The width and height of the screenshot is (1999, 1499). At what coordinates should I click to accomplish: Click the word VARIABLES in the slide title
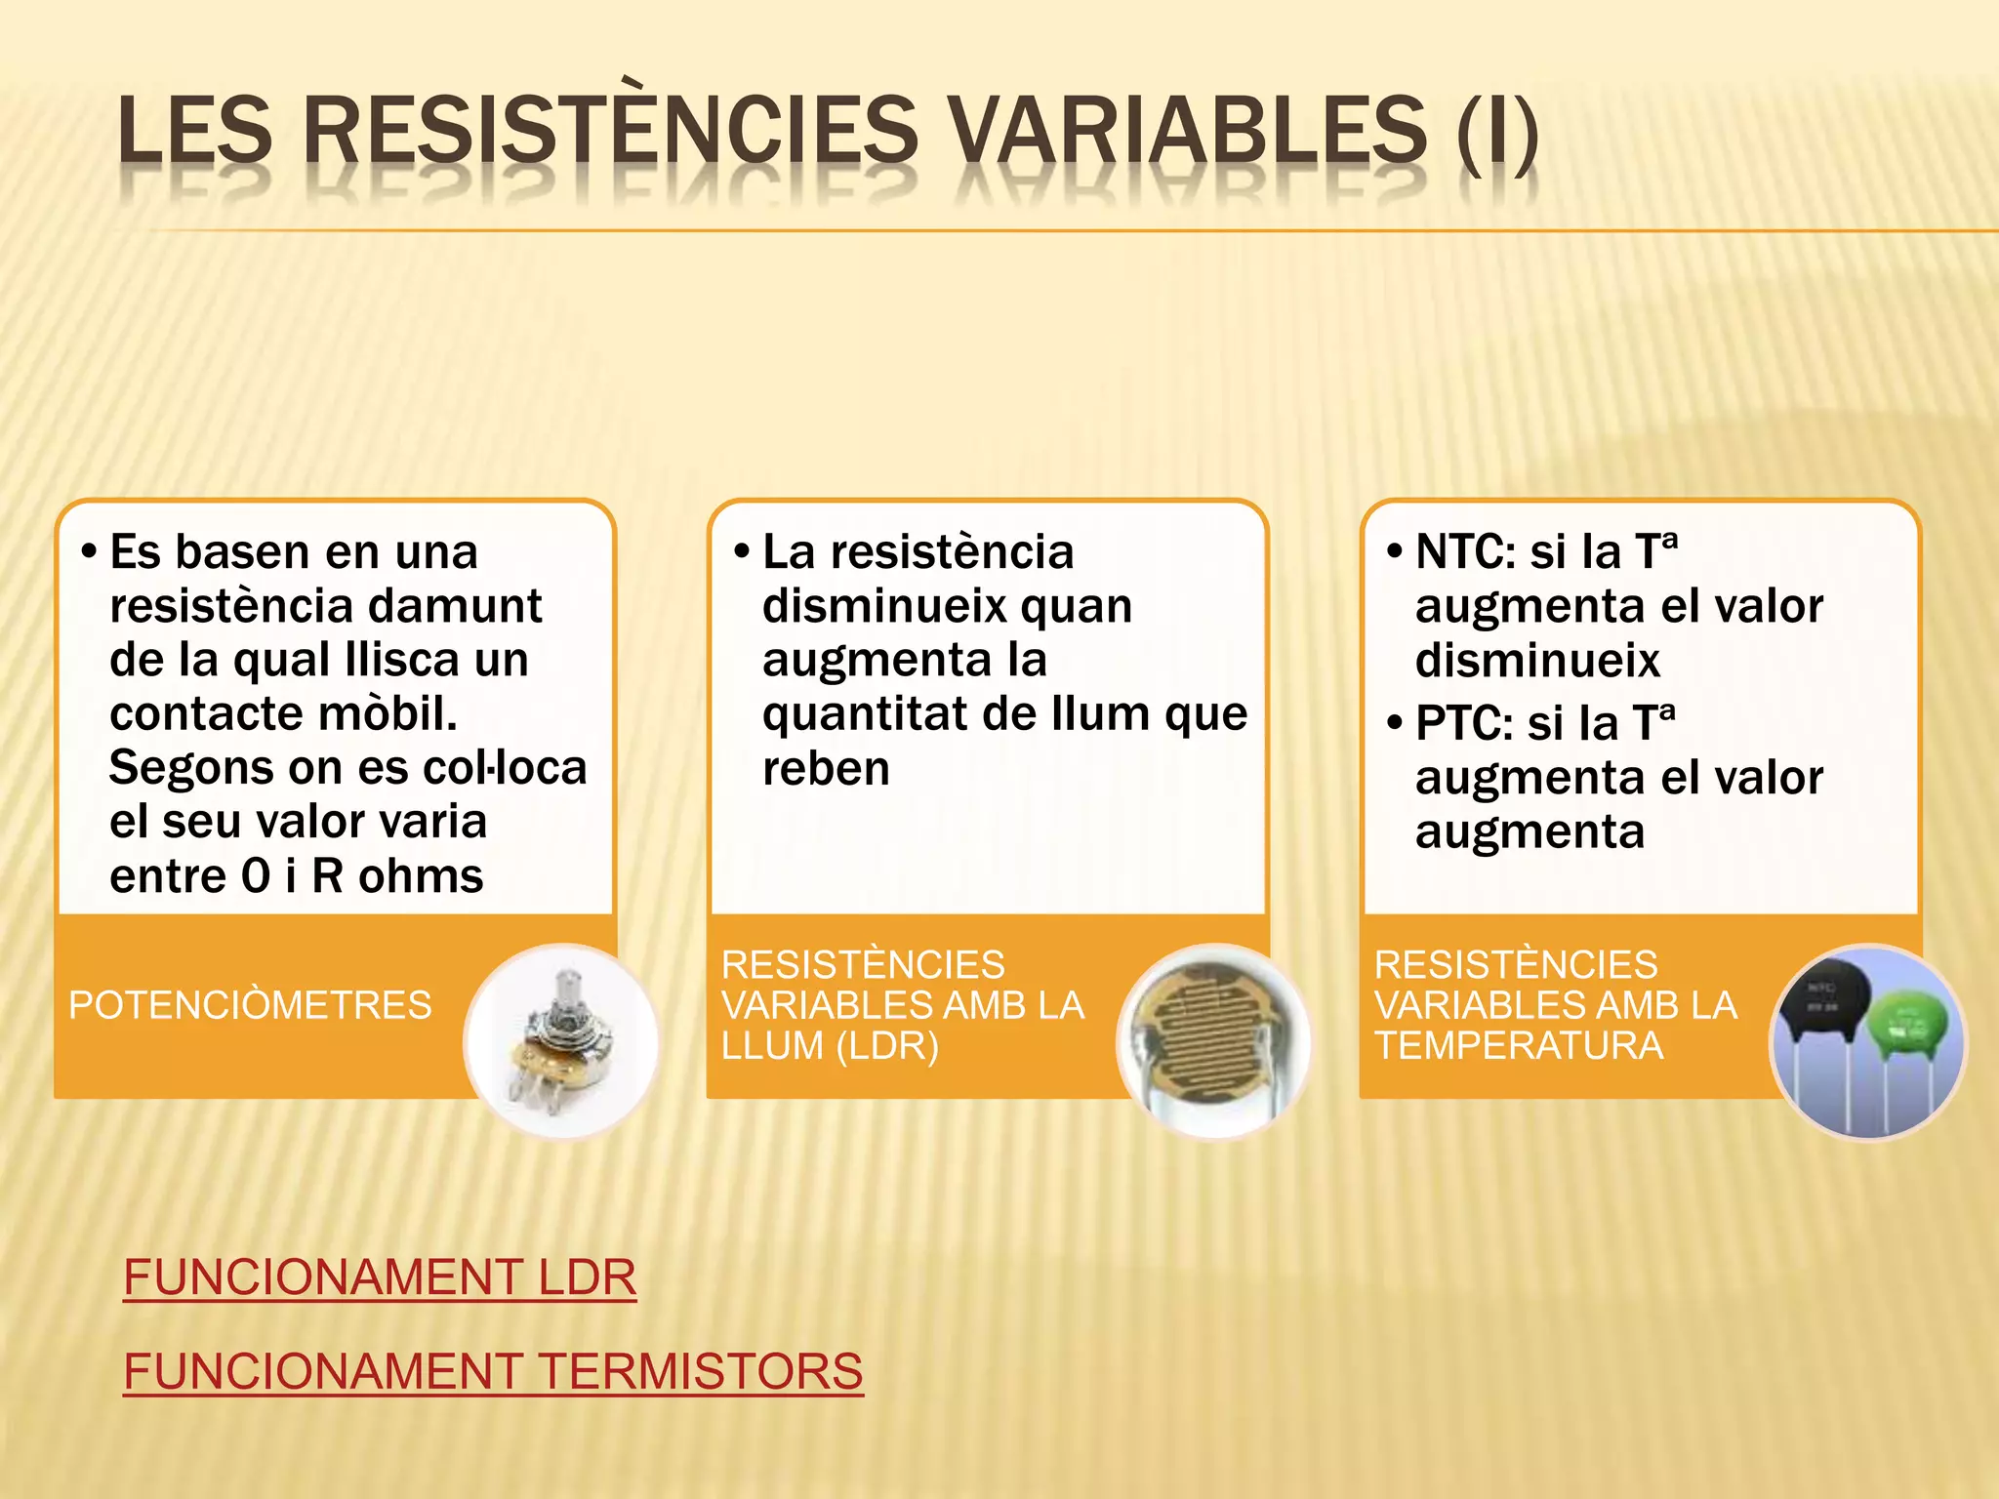tap(1188, 131)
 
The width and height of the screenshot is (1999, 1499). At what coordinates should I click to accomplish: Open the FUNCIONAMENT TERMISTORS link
tap(493, 1370)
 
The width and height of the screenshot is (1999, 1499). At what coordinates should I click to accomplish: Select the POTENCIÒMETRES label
tap(250, 1005)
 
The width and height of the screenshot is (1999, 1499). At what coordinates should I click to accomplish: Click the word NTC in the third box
tap(1464, 552)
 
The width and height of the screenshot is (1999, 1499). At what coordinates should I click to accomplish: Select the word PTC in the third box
tap(1463, 724)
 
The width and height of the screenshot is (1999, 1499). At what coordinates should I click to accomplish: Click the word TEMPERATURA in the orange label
tap(1519, 1046)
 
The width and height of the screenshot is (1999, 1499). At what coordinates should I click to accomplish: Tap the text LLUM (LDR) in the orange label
tap(830, 1046)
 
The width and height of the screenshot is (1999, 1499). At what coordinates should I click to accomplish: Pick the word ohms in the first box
tap(421, 876)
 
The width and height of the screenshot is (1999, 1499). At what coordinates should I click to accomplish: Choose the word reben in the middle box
tap(826, 769)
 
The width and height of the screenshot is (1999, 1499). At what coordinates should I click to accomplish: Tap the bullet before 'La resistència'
tap(742, 552)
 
